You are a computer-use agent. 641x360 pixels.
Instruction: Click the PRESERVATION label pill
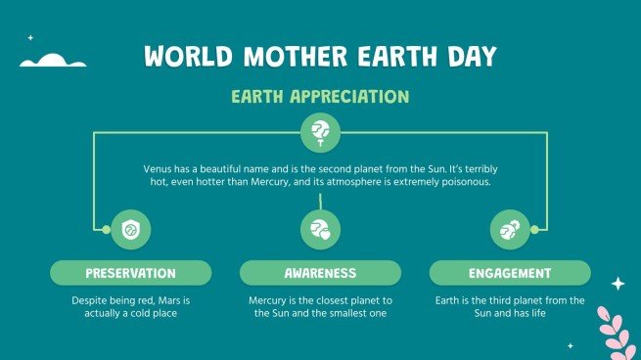point(130,273)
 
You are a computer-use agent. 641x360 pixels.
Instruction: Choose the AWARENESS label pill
point(320,273)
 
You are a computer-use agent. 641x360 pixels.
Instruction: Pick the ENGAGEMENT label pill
point(510,273)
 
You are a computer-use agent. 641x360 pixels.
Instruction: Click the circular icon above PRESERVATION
point(130,230)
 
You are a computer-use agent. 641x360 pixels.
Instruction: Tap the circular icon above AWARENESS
point(320,230)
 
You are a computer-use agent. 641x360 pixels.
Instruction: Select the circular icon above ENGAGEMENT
point(510,230)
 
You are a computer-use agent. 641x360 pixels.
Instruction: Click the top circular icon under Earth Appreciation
point(320,131)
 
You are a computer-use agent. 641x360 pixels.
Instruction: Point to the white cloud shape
point(54,62)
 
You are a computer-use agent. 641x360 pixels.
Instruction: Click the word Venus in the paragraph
point(158,168)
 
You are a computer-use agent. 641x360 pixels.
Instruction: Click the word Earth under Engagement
point(450,300)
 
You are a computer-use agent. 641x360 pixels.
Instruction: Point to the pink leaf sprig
point(616,331)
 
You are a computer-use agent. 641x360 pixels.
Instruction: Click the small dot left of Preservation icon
point(106,230)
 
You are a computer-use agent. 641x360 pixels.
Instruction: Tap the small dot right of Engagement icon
point(534,230)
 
